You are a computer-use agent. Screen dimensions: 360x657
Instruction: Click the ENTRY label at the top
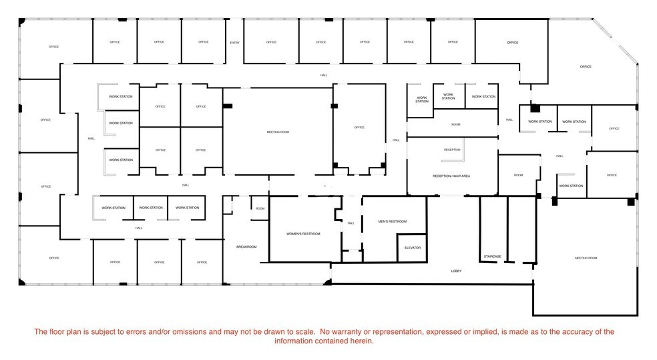click(234, 43)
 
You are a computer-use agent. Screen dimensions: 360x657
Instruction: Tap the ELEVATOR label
click(413, 248)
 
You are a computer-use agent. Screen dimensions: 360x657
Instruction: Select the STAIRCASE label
click(493, 256)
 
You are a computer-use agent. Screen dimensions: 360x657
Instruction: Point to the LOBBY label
click(456, 271)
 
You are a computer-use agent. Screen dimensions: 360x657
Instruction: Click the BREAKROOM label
click(246, 247)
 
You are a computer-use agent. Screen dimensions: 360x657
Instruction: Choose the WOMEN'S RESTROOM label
click(303, 234)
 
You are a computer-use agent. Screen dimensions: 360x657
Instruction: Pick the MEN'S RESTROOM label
click(392, 222)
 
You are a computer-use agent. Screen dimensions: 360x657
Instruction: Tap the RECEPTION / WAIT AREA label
click(452, 176)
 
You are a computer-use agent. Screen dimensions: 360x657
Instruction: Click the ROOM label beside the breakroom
click(260, 208)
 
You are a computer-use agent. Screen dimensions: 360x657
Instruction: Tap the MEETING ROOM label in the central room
click(278, 132)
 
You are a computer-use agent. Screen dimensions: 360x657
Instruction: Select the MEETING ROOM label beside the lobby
click(586, 258)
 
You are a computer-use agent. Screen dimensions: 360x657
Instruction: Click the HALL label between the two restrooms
click(351, 224)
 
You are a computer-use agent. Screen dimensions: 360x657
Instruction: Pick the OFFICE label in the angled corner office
click(586, 67)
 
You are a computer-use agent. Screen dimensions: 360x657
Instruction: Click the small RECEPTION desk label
click(452, 150)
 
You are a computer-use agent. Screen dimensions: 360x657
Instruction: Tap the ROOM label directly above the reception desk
click(455, 125)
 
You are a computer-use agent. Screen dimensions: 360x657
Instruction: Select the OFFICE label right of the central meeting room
click(359, 128)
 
